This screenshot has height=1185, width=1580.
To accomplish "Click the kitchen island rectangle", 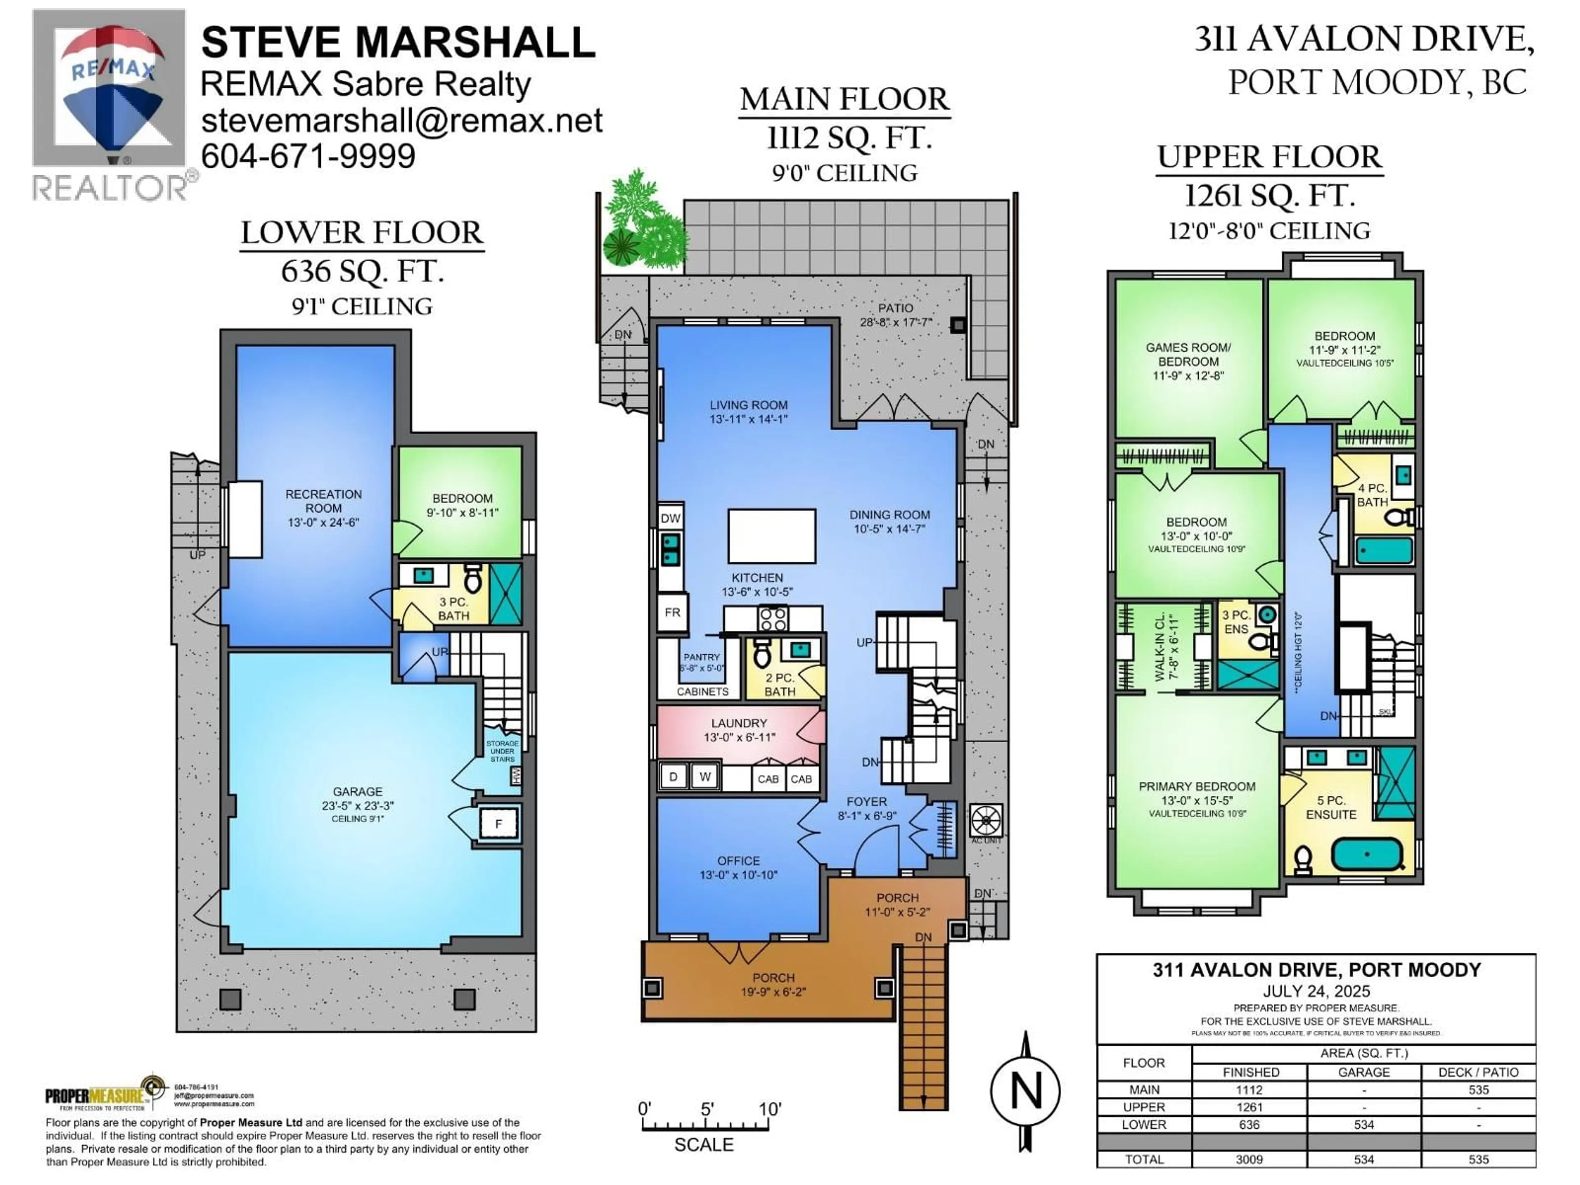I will point(771,536).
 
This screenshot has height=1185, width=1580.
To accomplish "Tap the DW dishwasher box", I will point(670,518).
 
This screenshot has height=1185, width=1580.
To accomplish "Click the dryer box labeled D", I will point(672,776).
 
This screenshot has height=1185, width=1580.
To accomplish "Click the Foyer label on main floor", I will point(867,802).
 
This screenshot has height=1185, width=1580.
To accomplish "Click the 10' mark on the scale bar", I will point(769,1109).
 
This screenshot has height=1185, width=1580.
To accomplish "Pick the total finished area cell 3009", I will point(1249,1159).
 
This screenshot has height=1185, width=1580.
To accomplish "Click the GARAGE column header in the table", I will point(1364,1072).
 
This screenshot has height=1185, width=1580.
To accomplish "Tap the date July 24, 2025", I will point(1316,991).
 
